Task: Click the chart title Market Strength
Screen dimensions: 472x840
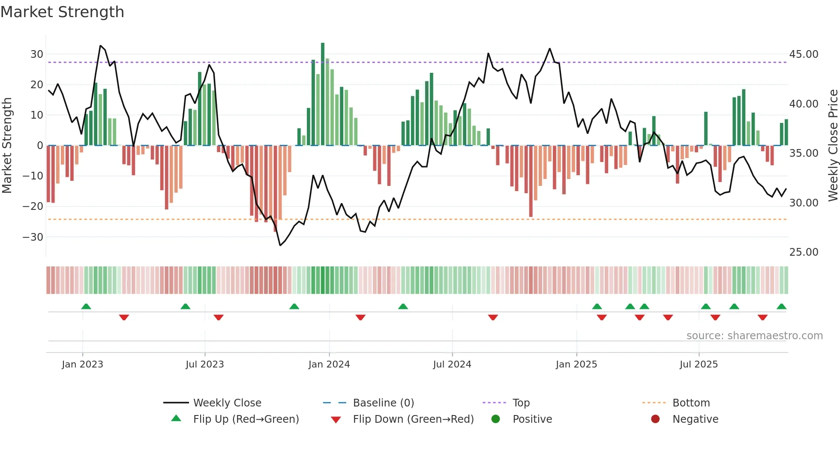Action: coord(62,12)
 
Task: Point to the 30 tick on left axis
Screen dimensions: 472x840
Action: coord(37,54)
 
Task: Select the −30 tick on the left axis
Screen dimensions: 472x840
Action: coord(33,237)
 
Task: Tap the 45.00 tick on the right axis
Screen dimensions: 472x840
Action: coord(804,54)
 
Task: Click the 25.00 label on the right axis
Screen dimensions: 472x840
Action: coord(804,252)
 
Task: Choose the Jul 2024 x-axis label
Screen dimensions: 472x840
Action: coord(452,364)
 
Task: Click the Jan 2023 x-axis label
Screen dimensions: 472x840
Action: coord(82,364)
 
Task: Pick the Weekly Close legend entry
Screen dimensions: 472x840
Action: coord(227,403)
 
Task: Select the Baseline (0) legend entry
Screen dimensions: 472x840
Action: coord(383,403)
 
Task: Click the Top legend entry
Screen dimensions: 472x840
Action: coord(521,403)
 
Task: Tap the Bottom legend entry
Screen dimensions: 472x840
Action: coord(691,403)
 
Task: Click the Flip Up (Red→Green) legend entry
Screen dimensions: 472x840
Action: coord(246,419)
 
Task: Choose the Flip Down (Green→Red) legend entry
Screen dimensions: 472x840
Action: coord(413,419)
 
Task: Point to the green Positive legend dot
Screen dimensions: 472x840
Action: coord(496,419)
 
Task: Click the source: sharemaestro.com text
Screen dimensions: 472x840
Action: coord(754,336)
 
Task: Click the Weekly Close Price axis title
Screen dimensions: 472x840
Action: coord(833,146)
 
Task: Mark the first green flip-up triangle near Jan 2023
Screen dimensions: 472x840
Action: coord(86,307)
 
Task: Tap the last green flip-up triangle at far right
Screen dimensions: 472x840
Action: coord(781,307)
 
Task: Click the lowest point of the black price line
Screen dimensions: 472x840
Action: coord(280,245)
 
